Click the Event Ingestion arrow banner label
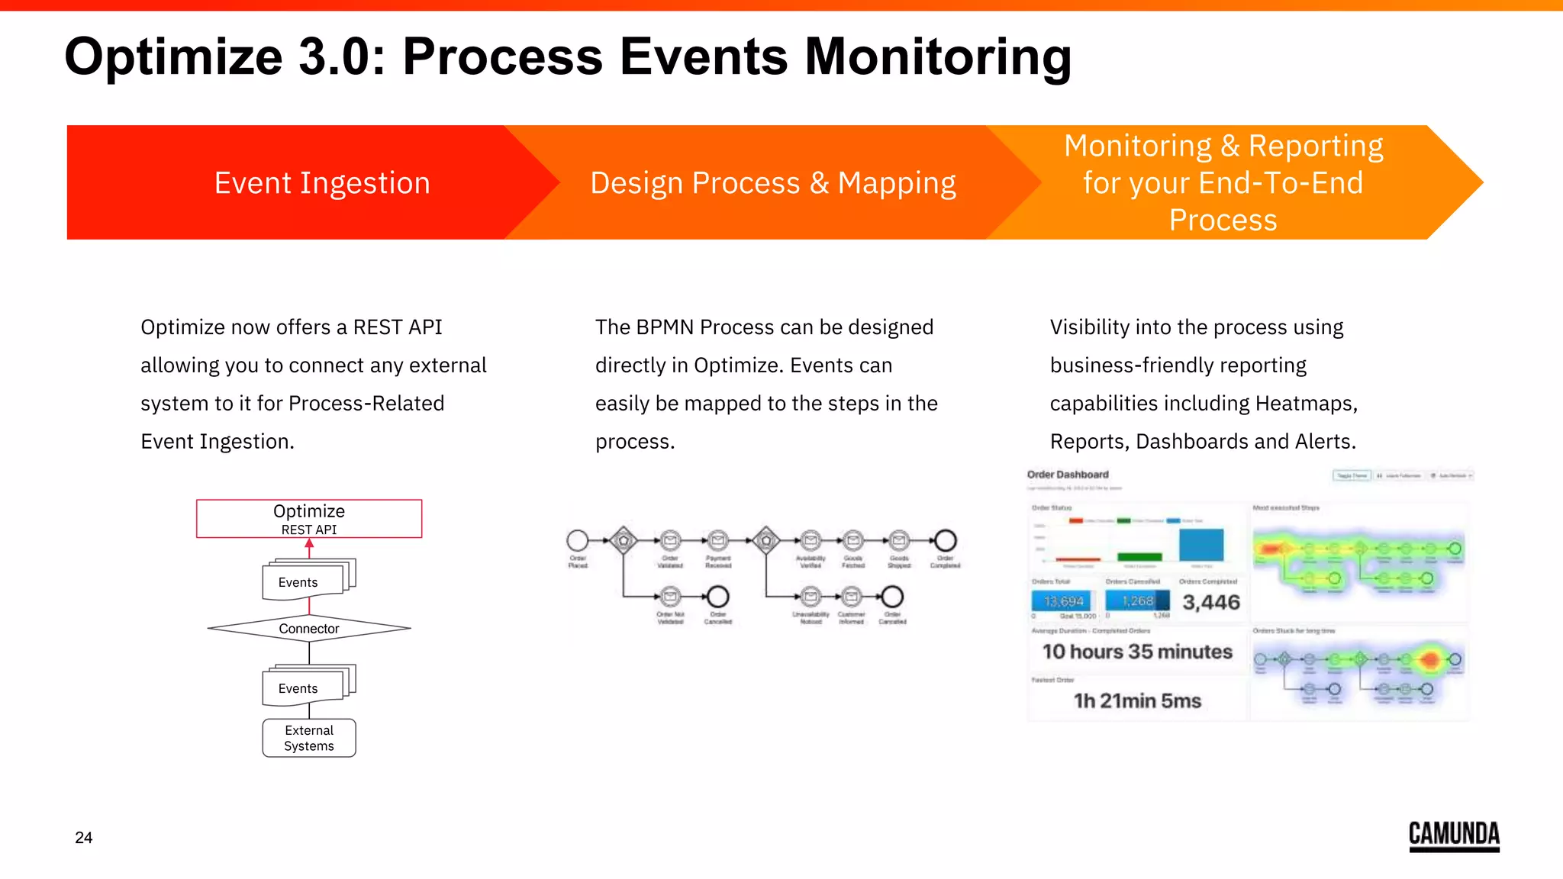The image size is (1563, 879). click(x=322, y=183)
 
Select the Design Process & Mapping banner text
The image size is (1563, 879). click(x=772, y=183)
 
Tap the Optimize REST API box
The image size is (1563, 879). click(x=309, y=519)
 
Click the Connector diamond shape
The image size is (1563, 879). click(x=309, y=629)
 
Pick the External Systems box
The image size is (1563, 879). click(x=309, y=738)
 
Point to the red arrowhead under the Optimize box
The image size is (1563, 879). click(x=309, y=544)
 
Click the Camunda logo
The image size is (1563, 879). click(x=1454, y=835)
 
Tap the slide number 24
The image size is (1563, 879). click(x=84, y=838)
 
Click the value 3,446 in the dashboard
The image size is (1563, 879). click(x=1211, y=602)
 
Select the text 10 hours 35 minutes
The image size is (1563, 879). click(x=1137, y=652)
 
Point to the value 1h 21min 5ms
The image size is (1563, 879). click(x=1137, y=700)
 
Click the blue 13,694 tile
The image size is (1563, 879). click(x=1063, y=601)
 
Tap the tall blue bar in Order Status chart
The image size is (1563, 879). click(x=1201, y=545)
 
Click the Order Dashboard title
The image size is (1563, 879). click(x=1068, y=475)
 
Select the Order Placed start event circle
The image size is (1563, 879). click(x=578, y=541)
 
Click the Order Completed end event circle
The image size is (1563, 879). click(x=946, y=541)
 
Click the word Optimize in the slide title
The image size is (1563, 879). click(x=174, y=56)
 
